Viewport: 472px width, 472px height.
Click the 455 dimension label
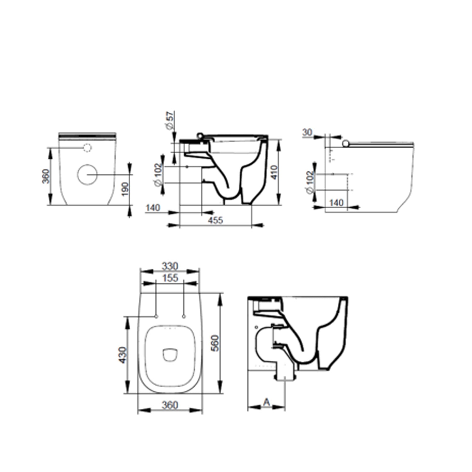pyautogui.click(x=215, y=220)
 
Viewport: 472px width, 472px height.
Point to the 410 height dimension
pyautogui.click(x=274, y=172)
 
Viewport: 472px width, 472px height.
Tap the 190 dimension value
pyautogui.click(x=125, y=189)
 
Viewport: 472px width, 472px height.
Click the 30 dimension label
pyautogui.click(x=307, y=132)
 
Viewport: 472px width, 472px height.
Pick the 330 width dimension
pyautogui.click(x=170, y=266)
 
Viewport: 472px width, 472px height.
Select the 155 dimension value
pyautogui.click(x=170, y=278)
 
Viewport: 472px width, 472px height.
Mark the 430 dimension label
pyautogui.click(x=122, y=355)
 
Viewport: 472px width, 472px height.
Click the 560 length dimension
pyautogui.click(x=215, y=343)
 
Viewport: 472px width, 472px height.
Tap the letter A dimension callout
pyautogui.click(x=267, y=402)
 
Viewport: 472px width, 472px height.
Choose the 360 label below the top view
pyautogui.click(x=170, y=405)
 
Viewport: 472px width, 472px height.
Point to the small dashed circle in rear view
pyautogui.click(x=87, y=148)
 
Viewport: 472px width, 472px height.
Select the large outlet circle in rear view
pyautogui.click(x=87, y=174)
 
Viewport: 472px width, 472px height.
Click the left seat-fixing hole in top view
pyautogui.click(x=156, y=316)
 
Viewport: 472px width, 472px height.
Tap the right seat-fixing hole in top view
pyautogui.click(x=184, y=316)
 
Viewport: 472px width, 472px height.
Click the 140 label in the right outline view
pyautogui.click(x=336, y=203)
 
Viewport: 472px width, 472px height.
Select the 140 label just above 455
pyautogui.click(x=153, y=208)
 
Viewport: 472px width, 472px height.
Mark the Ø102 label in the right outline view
pyautogui.click(x=310, y=182)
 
